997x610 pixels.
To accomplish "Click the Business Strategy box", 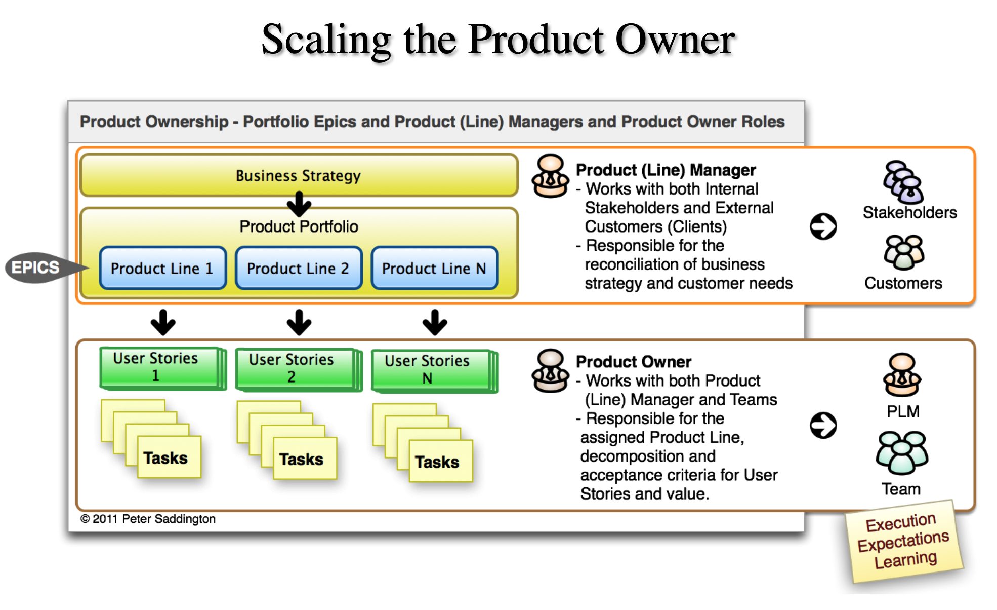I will coord(299,175).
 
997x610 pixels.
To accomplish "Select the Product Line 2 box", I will coord(299,268).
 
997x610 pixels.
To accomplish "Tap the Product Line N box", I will coord(434,268).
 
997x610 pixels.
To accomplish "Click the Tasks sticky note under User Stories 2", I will coord(303,459).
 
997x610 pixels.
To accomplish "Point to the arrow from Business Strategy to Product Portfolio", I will coord(299,204).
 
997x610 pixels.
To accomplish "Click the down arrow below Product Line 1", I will coord(163,322).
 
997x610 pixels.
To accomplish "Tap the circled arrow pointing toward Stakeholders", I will coord(823,226).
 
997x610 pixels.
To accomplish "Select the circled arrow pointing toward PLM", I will coord(823,425).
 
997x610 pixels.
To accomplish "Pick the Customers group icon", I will coord(904,252).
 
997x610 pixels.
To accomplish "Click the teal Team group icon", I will coord(902,452).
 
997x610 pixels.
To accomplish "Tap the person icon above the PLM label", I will coord(902,375).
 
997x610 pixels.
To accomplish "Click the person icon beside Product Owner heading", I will coord(551,370).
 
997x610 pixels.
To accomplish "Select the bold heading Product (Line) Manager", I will coord(666,170).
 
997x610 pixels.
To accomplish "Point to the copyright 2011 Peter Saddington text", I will coord(148,519).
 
